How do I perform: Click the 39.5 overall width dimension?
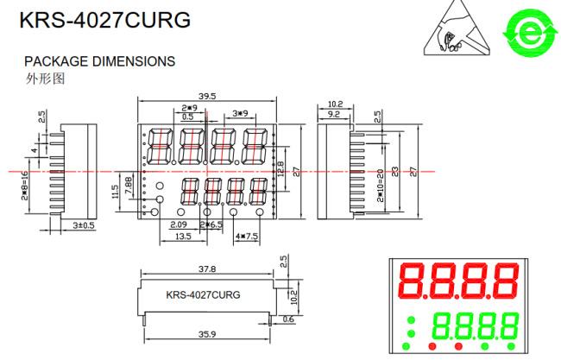(x=207, y=96)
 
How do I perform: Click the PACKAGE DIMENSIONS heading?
(x=99, y=61)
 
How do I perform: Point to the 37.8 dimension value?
(x=207, y=268)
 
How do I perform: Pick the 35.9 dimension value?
(x=207, y=333)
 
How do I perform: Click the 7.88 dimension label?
(x=129, y=184)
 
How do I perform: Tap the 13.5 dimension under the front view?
(x=183, y=236)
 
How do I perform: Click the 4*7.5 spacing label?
(x=246, y=236)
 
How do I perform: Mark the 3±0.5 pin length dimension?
(x=83, y=224)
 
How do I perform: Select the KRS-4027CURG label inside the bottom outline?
(x=203, y=294)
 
